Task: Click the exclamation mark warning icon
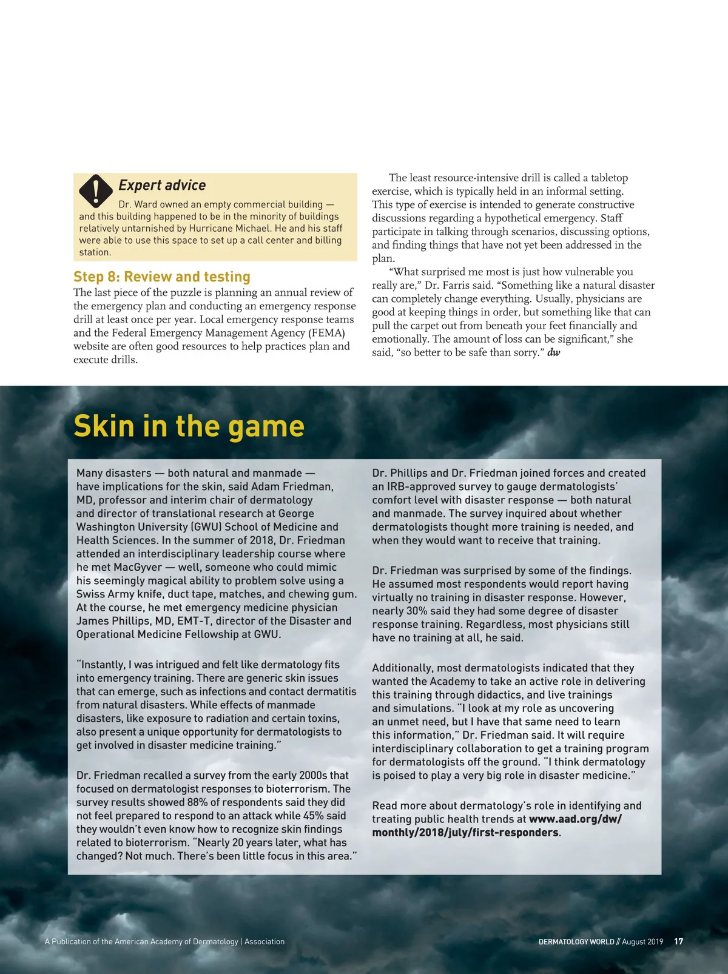click(96, 190)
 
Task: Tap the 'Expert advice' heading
click(162, 186)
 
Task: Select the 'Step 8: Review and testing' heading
click(162, 277)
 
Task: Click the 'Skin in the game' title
click(189, 426)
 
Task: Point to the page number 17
click(679, 941)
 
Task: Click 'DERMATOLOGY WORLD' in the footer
click(576, 942)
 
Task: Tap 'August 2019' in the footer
click(642, 942)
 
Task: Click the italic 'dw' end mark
click(554, 352)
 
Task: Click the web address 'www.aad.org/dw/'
click(575, 819)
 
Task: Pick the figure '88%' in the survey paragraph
click(191, 802)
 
